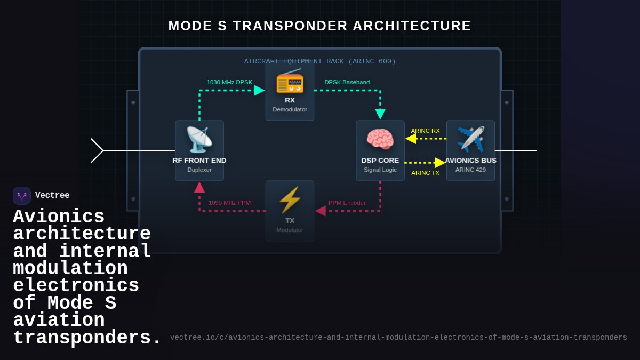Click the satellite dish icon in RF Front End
(199, 140)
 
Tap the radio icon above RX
(290, 81)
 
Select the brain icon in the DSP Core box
(380, 140)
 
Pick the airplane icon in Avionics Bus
(470, 139)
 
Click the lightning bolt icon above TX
(290, 200)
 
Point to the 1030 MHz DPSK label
(229, 82)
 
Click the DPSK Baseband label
(347, 82)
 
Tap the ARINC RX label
(425, 131)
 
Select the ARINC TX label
(425, 173)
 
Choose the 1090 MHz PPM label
(229, 203)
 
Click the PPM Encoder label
(347, 203)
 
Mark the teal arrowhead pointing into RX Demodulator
(259, 90)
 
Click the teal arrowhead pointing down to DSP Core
(380, 114)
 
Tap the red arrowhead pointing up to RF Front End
(199, 187)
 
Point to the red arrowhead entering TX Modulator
(321, 211)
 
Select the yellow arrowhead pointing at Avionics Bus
(440, 163)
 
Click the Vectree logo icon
(22, 196)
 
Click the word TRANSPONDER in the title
(290, 26)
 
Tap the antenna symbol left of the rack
(97, 150)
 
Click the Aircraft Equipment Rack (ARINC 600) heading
(320, 61)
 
